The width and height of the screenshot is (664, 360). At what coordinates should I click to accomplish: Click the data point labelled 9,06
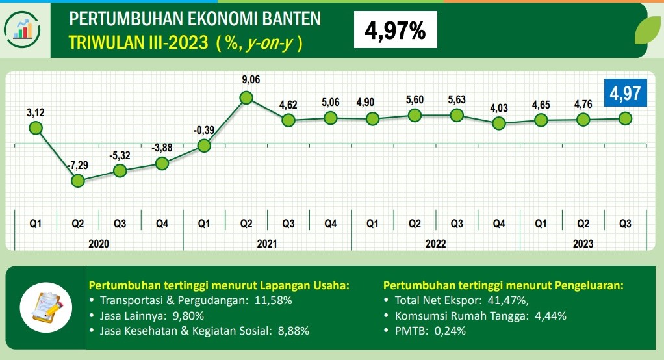pyautogui.click(x=246, y=98)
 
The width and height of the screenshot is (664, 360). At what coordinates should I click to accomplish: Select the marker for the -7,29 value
pyautogui.click(x=78, y=181)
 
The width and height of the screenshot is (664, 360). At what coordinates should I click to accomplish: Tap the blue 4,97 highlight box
pyautogui.click(x=625, y=92)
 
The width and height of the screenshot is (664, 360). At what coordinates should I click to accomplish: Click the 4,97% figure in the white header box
pyautogui.click(x=396, y=31)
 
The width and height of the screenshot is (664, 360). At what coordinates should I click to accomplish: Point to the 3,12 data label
pyautogui.click(x=36, y=113)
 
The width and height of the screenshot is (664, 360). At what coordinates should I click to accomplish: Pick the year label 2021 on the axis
pyautogui.click(x=267, y=244)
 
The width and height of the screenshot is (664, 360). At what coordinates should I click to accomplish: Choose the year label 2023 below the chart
pyautogui.click(x=583, y=244)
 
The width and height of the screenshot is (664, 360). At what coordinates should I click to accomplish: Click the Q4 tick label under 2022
pyautogui.click(x=499, y=224)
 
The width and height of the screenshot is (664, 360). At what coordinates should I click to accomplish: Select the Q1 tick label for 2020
pyautogui.click(x=36, y=224)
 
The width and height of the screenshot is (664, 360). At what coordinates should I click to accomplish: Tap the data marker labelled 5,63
pyautogui.click(x=457, y=115)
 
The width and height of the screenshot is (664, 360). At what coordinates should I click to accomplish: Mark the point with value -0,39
pyautogui.click(x=204, y=146)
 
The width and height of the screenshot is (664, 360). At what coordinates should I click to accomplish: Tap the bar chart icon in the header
pyautogui.click(x=23, y=29)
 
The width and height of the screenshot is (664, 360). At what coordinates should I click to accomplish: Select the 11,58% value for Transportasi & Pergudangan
pyautogui.click(x=272, y=301)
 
